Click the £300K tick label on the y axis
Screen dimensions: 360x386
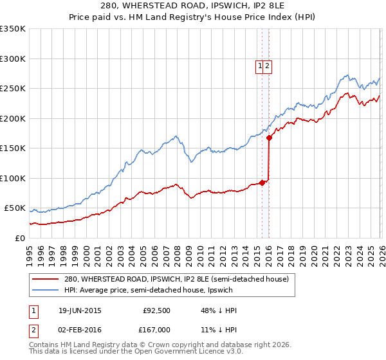coord(13,59)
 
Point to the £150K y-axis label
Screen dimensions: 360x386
coord(13,148)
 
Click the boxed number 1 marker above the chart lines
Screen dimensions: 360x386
coord(260,65)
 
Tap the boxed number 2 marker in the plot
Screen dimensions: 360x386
coord(268,65)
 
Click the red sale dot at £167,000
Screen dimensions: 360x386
coord(269,138)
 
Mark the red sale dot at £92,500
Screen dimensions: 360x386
coord(262,183)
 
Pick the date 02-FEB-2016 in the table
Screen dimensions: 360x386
coord(79,328)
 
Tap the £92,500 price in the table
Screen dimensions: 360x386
coord(156,310)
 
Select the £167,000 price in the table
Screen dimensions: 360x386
coord(155,328)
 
